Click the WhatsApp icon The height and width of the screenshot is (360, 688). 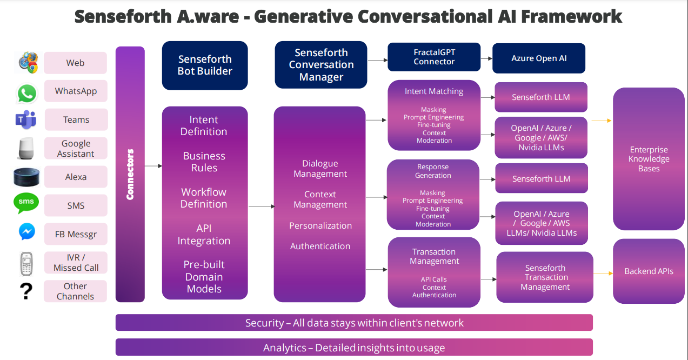click(26, 94)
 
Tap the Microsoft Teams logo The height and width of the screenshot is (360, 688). click(26, 119)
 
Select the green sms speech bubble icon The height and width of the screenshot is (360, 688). click(26, 203)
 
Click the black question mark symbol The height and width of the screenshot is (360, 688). click(26, 291)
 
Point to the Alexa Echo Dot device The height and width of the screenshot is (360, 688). click(26, 177)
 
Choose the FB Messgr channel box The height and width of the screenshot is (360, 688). click(76, 234)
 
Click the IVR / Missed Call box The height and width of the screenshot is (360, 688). click(76, 263)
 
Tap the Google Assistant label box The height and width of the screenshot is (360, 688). click(76, 148)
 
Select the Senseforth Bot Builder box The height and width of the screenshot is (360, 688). click(205, 65)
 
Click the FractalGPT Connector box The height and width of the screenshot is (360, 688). click(434, 57)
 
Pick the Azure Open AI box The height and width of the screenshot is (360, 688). click(539, 58)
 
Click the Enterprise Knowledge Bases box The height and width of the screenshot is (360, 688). click(649, 159)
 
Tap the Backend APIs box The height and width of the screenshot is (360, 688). click(649, 271)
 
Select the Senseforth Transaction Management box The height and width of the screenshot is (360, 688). click(545, 277)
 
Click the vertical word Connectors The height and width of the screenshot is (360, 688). click(130, 175)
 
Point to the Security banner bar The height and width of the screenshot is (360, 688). click(354, 323)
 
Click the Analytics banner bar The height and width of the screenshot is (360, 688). click(354, 347)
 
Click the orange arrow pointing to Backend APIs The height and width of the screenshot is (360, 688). click(603, 273)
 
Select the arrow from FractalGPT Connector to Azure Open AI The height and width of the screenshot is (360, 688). click(486, 58)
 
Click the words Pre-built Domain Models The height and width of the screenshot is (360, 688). click(204, 276)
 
